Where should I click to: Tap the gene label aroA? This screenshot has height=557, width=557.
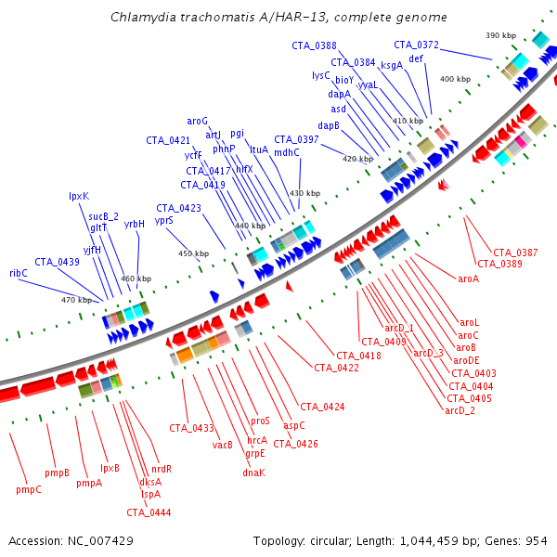point(469,278)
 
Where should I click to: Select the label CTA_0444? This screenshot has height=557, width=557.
point(149,512)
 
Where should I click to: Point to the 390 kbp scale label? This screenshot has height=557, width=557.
point(500,35)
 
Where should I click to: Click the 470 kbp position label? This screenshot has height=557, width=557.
point(77,300)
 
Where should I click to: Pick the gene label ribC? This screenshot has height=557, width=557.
point(19,273)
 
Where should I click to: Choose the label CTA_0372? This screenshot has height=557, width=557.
point(416,45)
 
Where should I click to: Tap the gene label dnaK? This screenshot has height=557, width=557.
point(253,473)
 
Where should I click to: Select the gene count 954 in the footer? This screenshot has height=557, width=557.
point(538,540)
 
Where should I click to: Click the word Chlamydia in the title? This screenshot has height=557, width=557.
point(141,18)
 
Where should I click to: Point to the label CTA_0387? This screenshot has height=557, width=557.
point(515,253)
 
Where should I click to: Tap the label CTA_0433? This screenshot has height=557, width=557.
point(191,428)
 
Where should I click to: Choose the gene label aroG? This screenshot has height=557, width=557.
point(198,121)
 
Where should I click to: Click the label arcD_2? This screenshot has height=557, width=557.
point(460,410)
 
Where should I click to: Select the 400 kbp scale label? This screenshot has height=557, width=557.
point(455,80)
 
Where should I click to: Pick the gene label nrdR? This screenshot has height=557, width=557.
point(162,469)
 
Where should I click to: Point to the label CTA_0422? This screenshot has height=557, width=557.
point(336,368)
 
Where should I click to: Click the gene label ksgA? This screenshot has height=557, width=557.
point(392,65)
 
